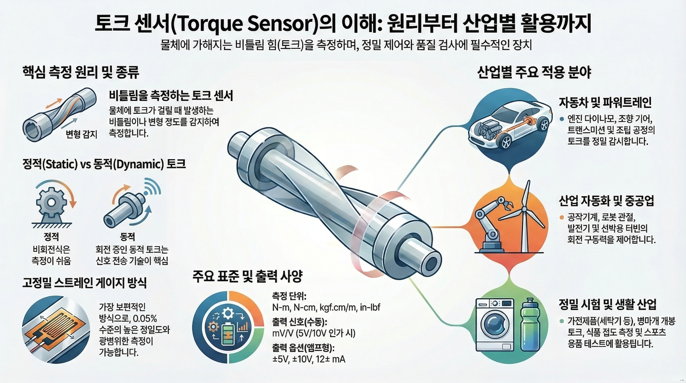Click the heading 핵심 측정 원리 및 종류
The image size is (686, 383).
pos(81,72)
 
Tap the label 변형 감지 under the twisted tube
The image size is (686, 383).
pos(81,135)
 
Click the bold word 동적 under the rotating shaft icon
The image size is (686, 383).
pos(128,237)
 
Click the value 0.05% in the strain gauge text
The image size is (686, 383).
pos(145,319)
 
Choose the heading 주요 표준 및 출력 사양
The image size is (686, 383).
pos(248,276)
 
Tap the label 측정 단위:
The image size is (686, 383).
pos(289,296)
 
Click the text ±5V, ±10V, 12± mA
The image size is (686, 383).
pos(309,359)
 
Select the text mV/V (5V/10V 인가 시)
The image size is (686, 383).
pos(314,333)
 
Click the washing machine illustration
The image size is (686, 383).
pos(495,326)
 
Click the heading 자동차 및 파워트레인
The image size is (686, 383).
pos(605,103)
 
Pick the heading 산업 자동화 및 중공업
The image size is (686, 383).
pos(607,200)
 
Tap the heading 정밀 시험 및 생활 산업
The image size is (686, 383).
pos(608,305)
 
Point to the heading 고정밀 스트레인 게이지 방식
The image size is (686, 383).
pos(84,283)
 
